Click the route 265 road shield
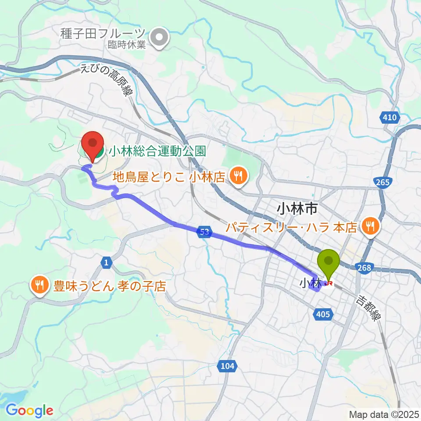(383, 183)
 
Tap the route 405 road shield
(325, 314)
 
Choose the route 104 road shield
(226, 366)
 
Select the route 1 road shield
(106, 263)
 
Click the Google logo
(30, 410)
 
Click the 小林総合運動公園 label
(157, 152)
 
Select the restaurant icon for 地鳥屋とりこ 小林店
(239, 176)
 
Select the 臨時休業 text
(127, 44)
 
